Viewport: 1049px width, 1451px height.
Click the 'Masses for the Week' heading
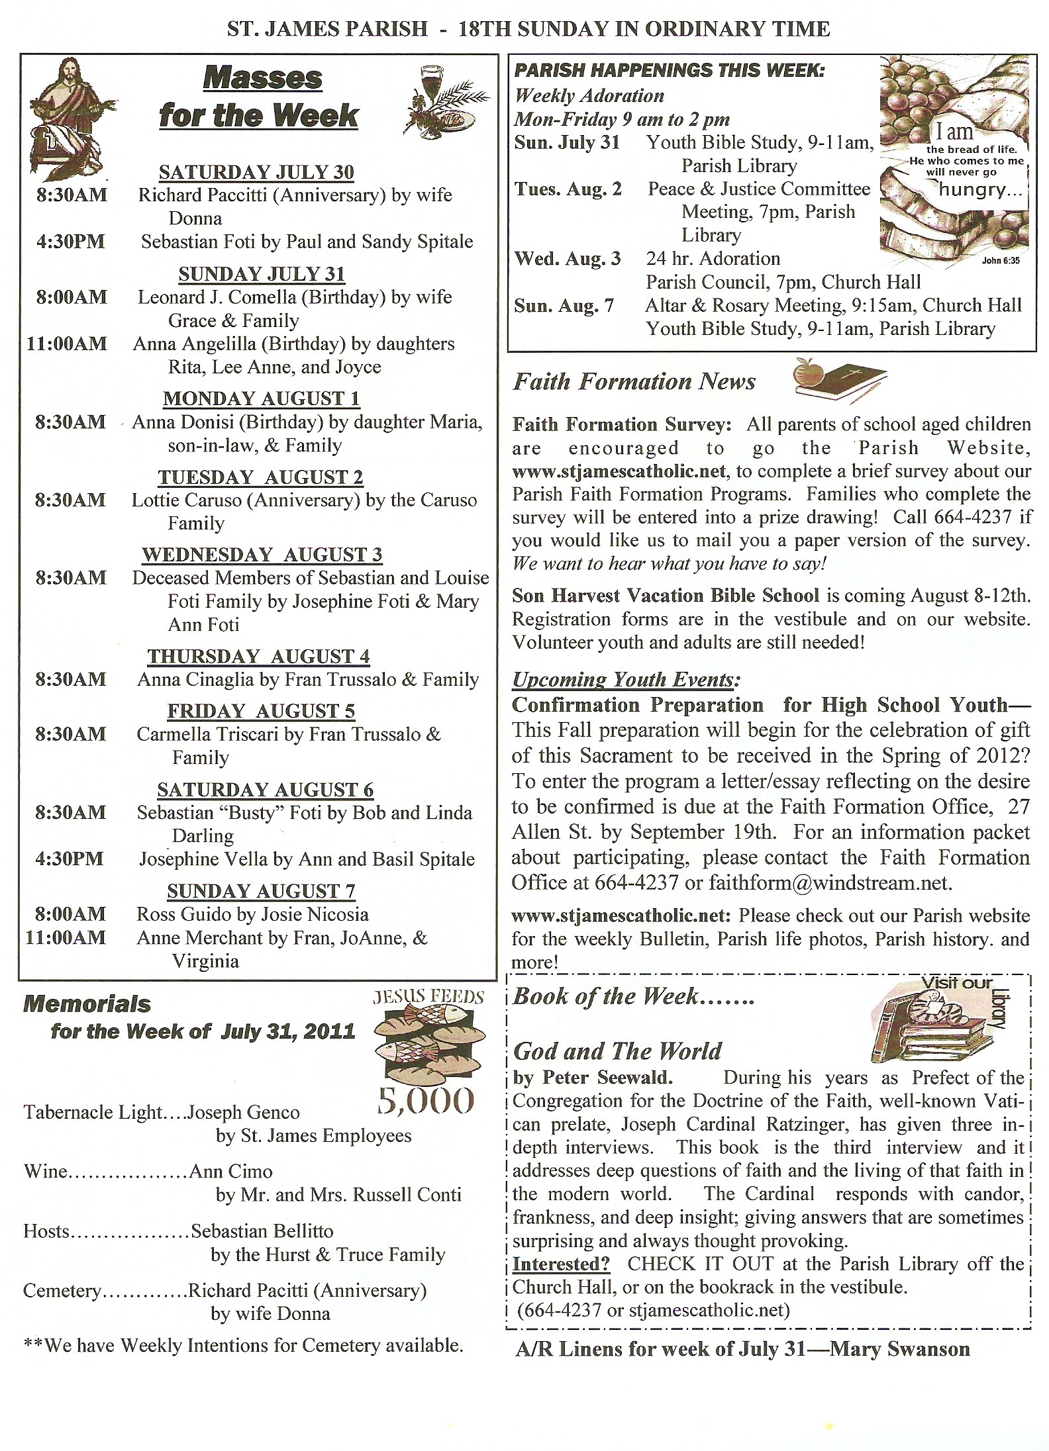(x=260, y=97)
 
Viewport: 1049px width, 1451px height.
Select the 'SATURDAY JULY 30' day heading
(x=256, y=172)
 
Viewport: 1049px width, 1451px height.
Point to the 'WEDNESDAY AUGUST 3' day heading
(x=262, y=555)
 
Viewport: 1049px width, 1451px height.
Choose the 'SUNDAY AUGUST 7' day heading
(x=261, y=891)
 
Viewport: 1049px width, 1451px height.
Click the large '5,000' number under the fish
(x=426, y=1100)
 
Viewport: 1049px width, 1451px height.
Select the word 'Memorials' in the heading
(x=87, y=1004)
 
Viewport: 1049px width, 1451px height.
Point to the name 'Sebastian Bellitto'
(x=262, y=1231)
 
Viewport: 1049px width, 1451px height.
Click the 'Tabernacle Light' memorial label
(x=93, y=1113)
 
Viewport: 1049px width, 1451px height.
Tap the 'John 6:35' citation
(x=1000, y=261)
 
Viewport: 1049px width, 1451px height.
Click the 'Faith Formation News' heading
(x=634, y=382)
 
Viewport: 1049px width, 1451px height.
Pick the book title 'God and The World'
(x=617, y=1051)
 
